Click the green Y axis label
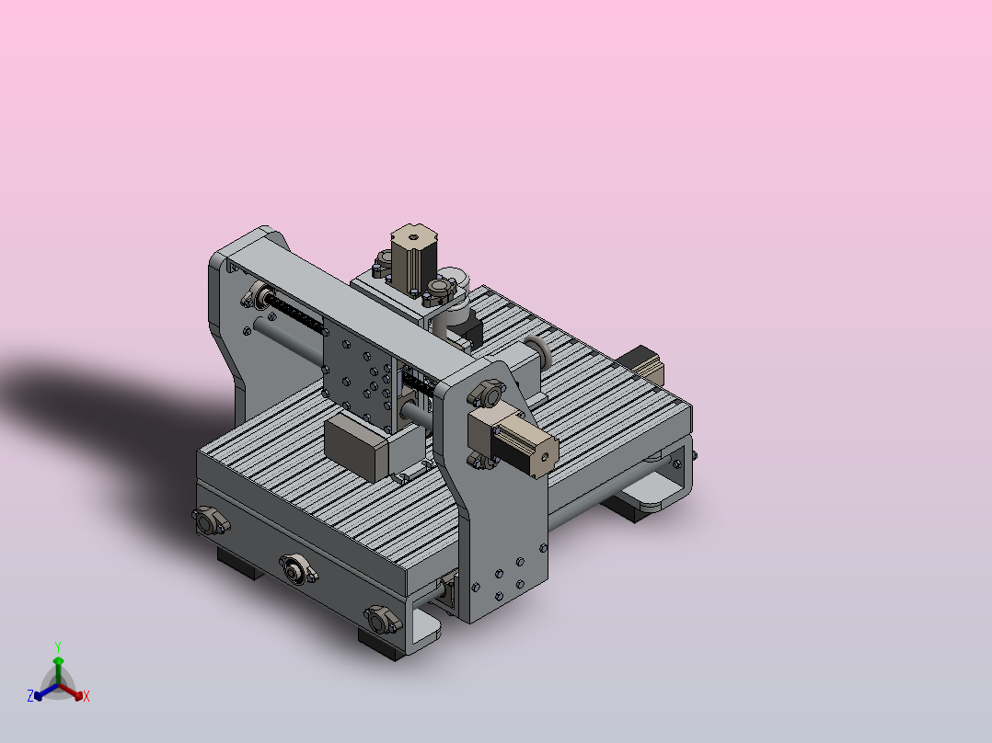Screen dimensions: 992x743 (58, 646)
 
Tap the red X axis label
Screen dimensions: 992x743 (87, 696)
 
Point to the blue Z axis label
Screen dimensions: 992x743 (30, 695)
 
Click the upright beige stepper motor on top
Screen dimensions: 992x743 (414, 258)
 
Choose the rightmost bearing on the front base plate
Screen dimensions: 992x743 (382, 619)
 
